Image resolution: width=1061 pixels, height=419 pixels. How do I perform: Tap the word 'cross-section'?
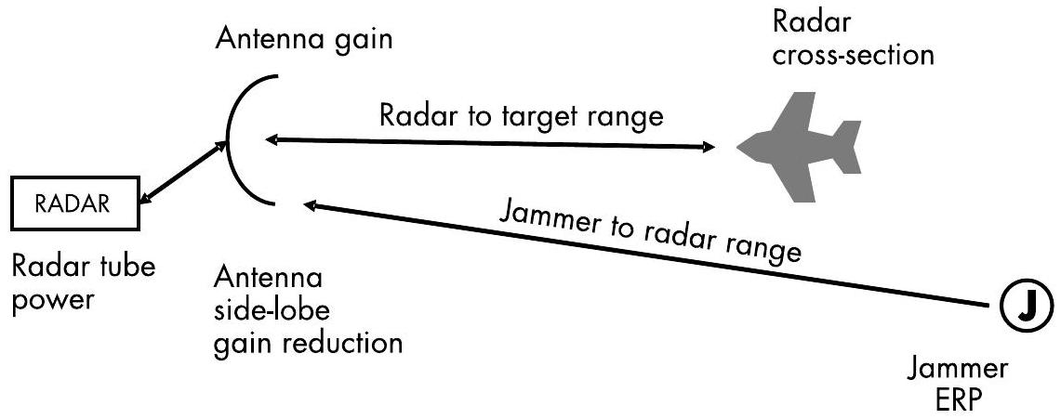pyautogui.click(x=855, y=56)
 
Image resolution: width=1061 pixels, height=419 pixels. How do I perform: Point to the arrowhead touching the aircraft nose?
pyautogui.click(x=709, y=147)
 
